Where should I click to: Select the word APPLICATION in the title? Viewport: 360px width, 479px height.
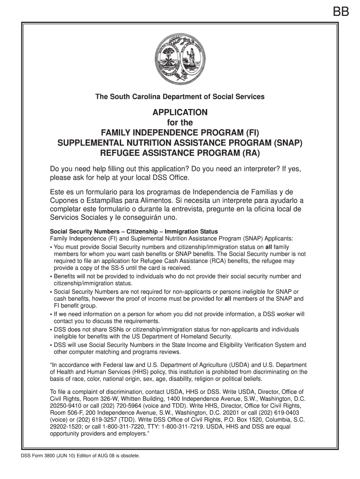coord(180,113)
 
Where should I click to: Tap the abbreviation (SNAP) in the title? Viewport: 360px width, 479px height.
coord(286,143)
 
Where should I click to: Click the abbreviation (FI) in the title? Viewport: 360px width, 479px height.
coord(249,133)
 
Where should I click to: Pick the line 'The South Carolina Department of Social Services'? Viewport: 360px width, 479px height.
coord(180,97)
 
